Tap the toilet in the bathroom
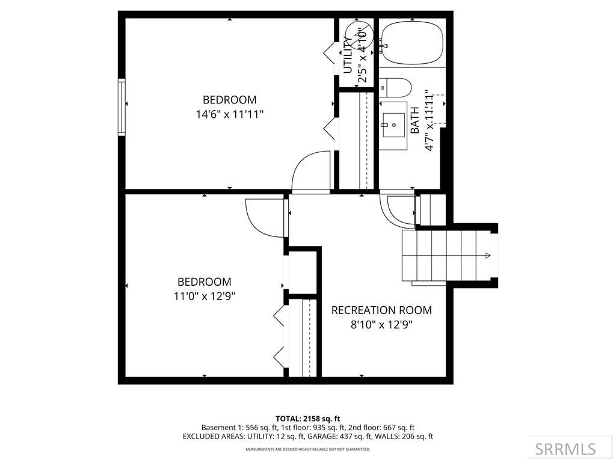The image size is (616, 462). click(396, 88)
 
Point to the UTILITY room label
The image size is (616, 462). click(347, 55)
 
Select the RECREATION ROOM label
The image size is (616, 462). click(381, 310)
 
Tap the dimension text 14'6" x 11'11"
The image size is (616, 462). click(229, 114)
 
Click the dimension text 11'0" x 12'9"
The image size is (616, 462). click(204, 296)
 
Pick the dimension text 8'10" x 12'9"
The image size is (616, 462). click(381, 325)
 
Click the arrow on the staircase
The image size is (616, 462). click(486, 256)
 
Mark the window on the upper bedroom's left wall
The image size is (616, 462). click(122, 106)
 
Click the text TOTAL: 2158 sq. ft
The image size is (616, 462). click(308, 419)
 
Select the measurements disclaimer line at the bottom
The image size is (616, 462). click(308, 449)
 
